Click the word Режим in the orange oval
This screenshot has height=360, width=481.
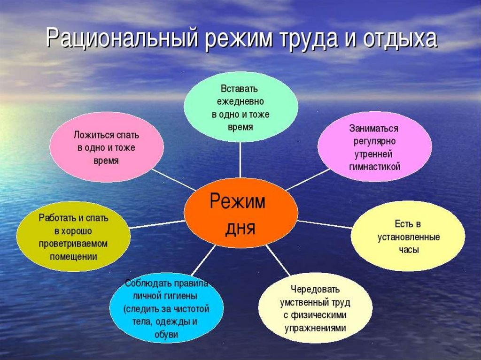click(238, 202)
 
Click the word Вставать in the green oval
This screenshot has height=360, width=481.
click(239, 89)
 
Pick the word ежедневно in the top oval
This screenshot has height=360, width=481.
click(240, 101)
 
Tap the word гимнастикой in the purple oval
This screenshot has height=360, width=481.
click(375, 167)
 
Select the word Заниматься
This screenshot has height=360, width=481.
click(373, 128)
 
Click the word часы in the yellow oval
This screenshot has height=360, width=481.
click(409, 250)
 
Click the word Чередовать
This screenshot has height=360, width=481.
click(315, 289)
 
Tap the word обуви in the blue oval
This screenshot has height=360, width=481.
click(166, 334)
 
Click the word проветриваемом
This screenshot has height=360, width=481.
click(73, 244)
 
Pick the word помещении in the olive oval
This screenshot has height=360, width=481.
click(73, 257)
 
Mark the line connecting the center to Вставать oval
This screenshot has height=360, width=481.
click(240, 160)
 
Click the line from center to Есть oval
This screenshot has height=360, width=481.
click(324, 224)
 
